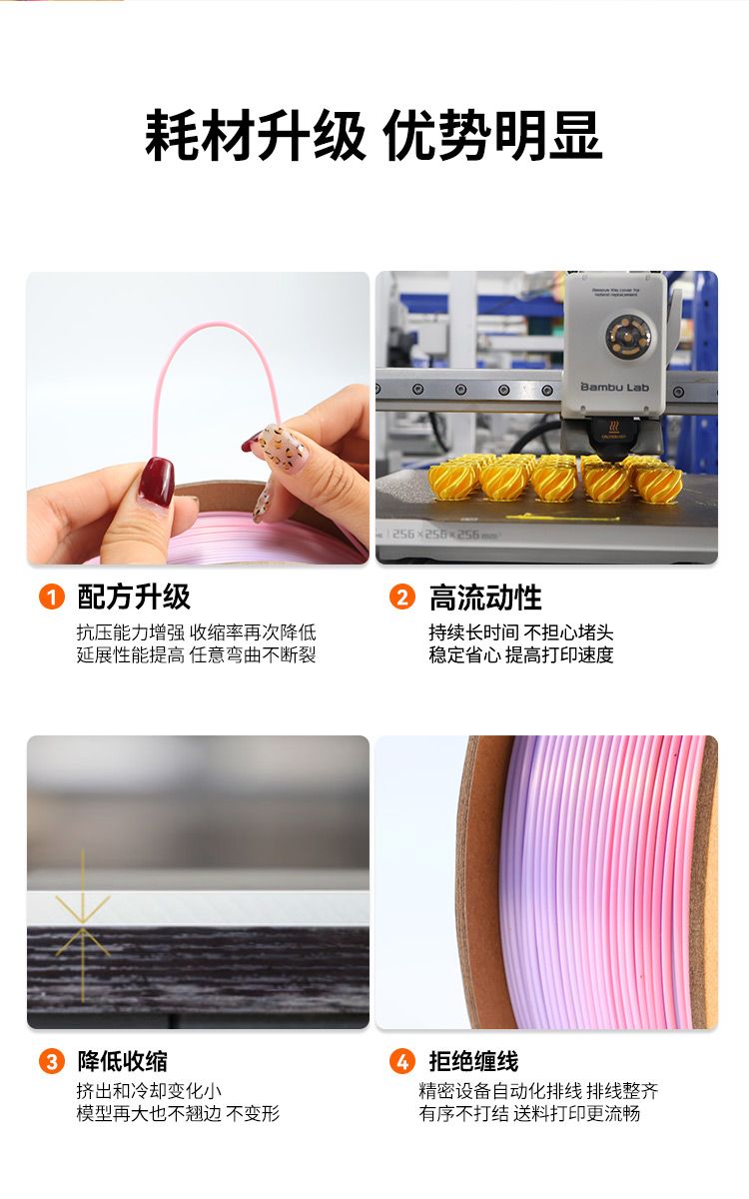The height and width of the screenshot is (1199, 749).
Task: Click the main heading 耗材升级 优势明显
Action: (374, 135)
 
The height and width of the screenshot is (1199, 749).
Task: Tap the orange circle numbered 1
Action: (52, 597)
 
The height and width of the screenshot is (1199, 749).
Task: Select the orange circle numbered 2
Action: (402, 597)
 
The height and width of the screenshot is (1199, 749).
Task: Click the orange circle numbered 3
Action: (52, 1061)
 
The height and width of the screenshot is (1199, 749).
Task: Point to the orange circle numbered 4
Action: (402, 1061)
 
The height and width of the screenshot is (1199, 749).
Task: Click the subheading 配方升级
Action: (134, 597)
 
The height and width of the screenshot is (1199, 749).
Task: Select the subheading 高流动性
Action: (485, 598)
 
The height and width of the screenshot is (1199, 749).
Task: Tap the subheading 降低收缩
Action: (123, 1061)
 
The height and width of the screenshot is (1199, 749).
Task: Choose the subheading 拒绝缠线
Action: (473, 1061)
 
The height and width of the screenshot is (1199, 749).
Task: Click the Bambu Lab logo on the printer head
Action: (615, 387)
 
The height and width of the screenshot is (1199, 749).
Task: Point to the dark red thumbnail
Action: (158, 481)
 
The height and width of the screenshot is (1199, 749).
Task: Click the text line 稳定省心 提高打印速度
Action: (521, 655)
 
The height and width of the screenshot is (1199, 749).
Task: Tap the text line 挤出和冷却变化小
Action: (149, 1091)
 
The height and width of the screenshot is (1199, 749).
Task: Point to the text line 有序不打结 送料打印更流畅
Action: (529, 1114)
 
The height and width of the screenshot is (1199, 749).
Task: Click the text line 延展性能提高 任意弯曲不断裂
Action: (197, 655)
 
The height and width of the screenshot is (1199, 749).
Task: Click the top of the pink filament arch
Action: (217, 325)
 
